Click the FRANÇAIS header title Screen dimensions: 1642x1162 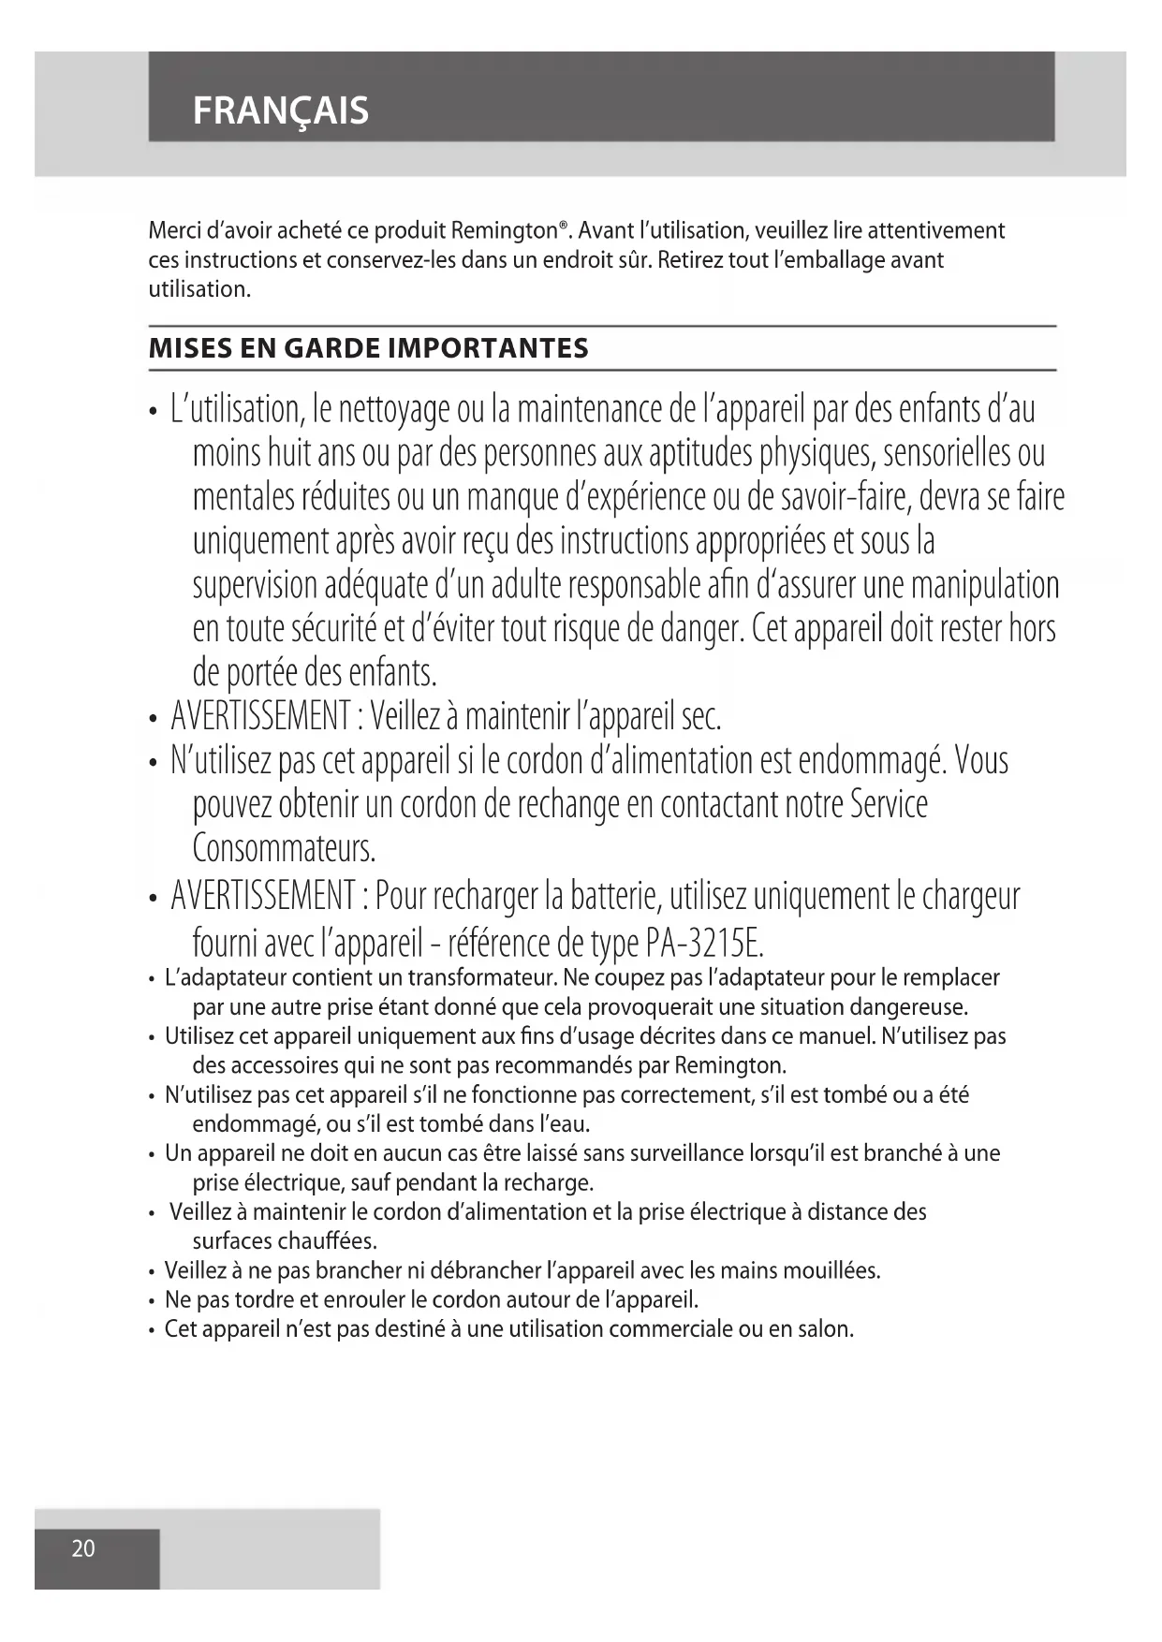point(280,110)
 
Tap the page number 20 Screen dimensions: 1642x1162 point(83,1548)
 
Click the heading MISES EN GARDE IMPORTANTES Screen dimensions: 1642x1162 point(369,348)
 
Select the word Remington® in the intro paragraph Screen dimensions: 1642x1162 point(509,230)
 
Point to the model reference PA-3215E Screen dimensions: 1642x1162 point(704,942)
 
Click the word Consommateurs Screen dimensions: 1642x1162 point(284,848)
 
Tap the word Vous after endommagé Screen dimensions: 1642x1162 point(981,760)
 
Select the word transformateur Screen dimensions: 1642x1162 point(483,978)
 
